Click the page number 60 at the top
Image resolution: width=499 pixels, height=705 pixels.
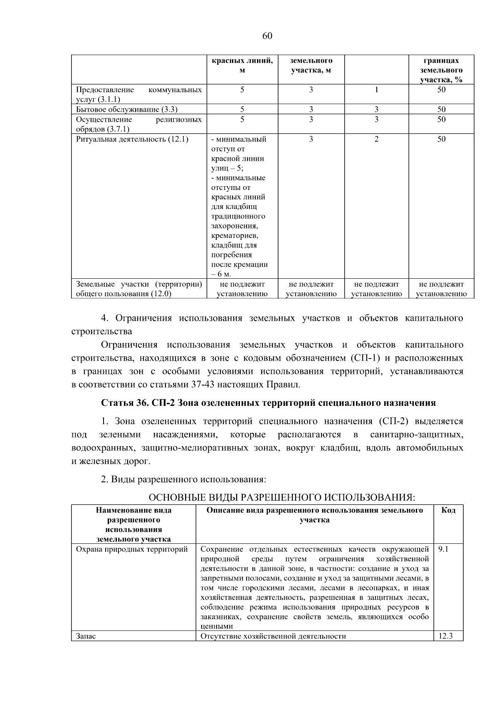[267, 36]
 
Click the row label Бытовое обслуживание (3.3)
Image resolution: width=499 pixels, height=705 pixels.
[127, 110]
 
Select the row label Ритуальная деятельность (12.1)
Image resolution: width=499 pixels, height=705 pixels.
[132, 139]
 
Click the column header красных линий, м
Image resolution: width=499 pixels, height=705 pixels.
[242, 66]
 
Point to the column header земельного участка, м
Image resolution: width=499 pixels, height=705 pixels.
[311, 66]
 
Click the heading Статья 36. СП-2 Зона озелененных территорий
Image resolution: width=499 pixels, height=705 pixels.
[268, 403]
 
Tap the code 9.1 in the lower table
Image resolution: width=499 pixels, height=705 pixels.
[443, 549]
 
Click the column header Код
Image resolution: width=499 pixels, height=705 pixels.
[448, 510]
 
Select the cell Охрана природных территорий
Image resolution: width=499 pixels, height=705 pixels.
[132, 549]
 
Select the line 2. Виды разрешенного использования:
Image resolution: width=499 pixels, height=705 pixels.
[183, 479]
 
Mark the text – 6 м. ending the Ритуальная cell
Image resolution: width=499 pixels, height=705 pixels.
[221, 274]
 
